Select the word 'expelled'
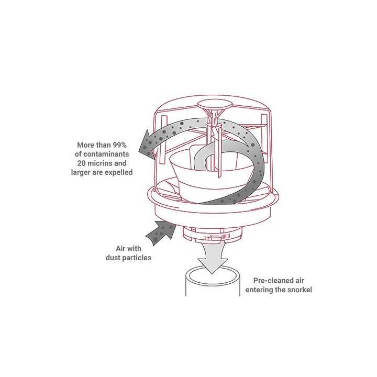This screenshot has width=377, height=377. point(119,173)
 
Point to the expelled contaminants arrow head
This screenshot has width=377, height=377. point(147,146)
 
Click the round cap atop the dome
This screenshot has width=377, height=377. point(215,105)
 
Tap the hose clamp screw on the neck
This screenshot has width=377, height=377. point(212,239)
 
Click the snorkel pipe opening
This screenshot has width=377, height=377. point(213,276)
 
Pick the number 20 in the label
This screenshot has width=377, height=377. point(81,163)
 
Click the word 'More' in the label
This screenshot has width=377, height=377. point(86,145)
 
